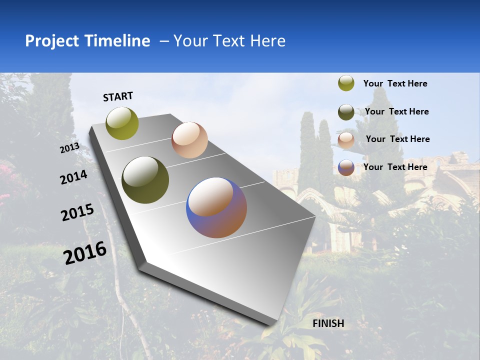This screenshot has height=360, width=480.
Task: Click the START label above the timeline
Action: tap(118, 96)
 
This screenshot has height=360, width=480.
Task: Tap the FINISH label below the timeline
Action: tap(328, 323)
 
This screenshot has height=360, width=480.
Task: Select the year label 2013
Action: tap(69, 148)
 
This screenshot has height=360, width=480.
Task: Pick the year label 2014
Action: tap(73, 177)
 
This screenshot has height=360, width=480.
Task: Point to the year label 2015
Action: tap(77, 212)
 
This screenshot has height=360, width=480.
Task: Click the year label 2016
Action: tap(85, 253)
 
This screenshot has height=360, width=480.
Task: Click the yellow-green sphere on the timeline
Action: tap(122, 123)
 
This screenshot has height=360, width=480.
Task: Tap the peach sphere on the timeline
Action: tap(189, 140)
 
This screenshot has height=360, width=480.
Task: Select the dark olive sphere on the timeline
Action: tap(145, 180)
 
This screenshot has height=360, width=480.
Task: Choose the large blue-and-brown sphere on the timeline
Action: tap(216, 207)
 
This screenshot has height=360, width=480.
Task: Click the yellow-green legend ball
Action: tap(346, 83)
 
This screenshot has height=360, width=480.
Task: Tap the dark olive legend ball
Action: tap(346, 111)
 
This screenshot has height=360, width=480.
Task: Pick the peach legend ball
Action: tap(346, 139)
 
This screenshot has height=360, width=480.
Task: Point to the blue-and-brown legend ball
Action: tap(346, 167)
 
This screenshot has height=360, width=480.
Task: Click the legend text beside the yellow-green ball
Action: tap(395, 83)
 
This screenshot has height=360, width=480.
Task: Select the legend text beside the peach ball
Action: tap(397, 139)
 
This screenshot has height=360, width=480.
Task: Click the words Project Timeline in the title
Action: tap(87, 41)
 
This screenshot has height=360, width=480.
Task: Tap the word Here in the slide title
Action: tap(267, 41)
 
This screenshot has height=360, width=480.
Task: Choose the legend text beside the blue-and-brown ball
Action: tap(395, 167)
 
